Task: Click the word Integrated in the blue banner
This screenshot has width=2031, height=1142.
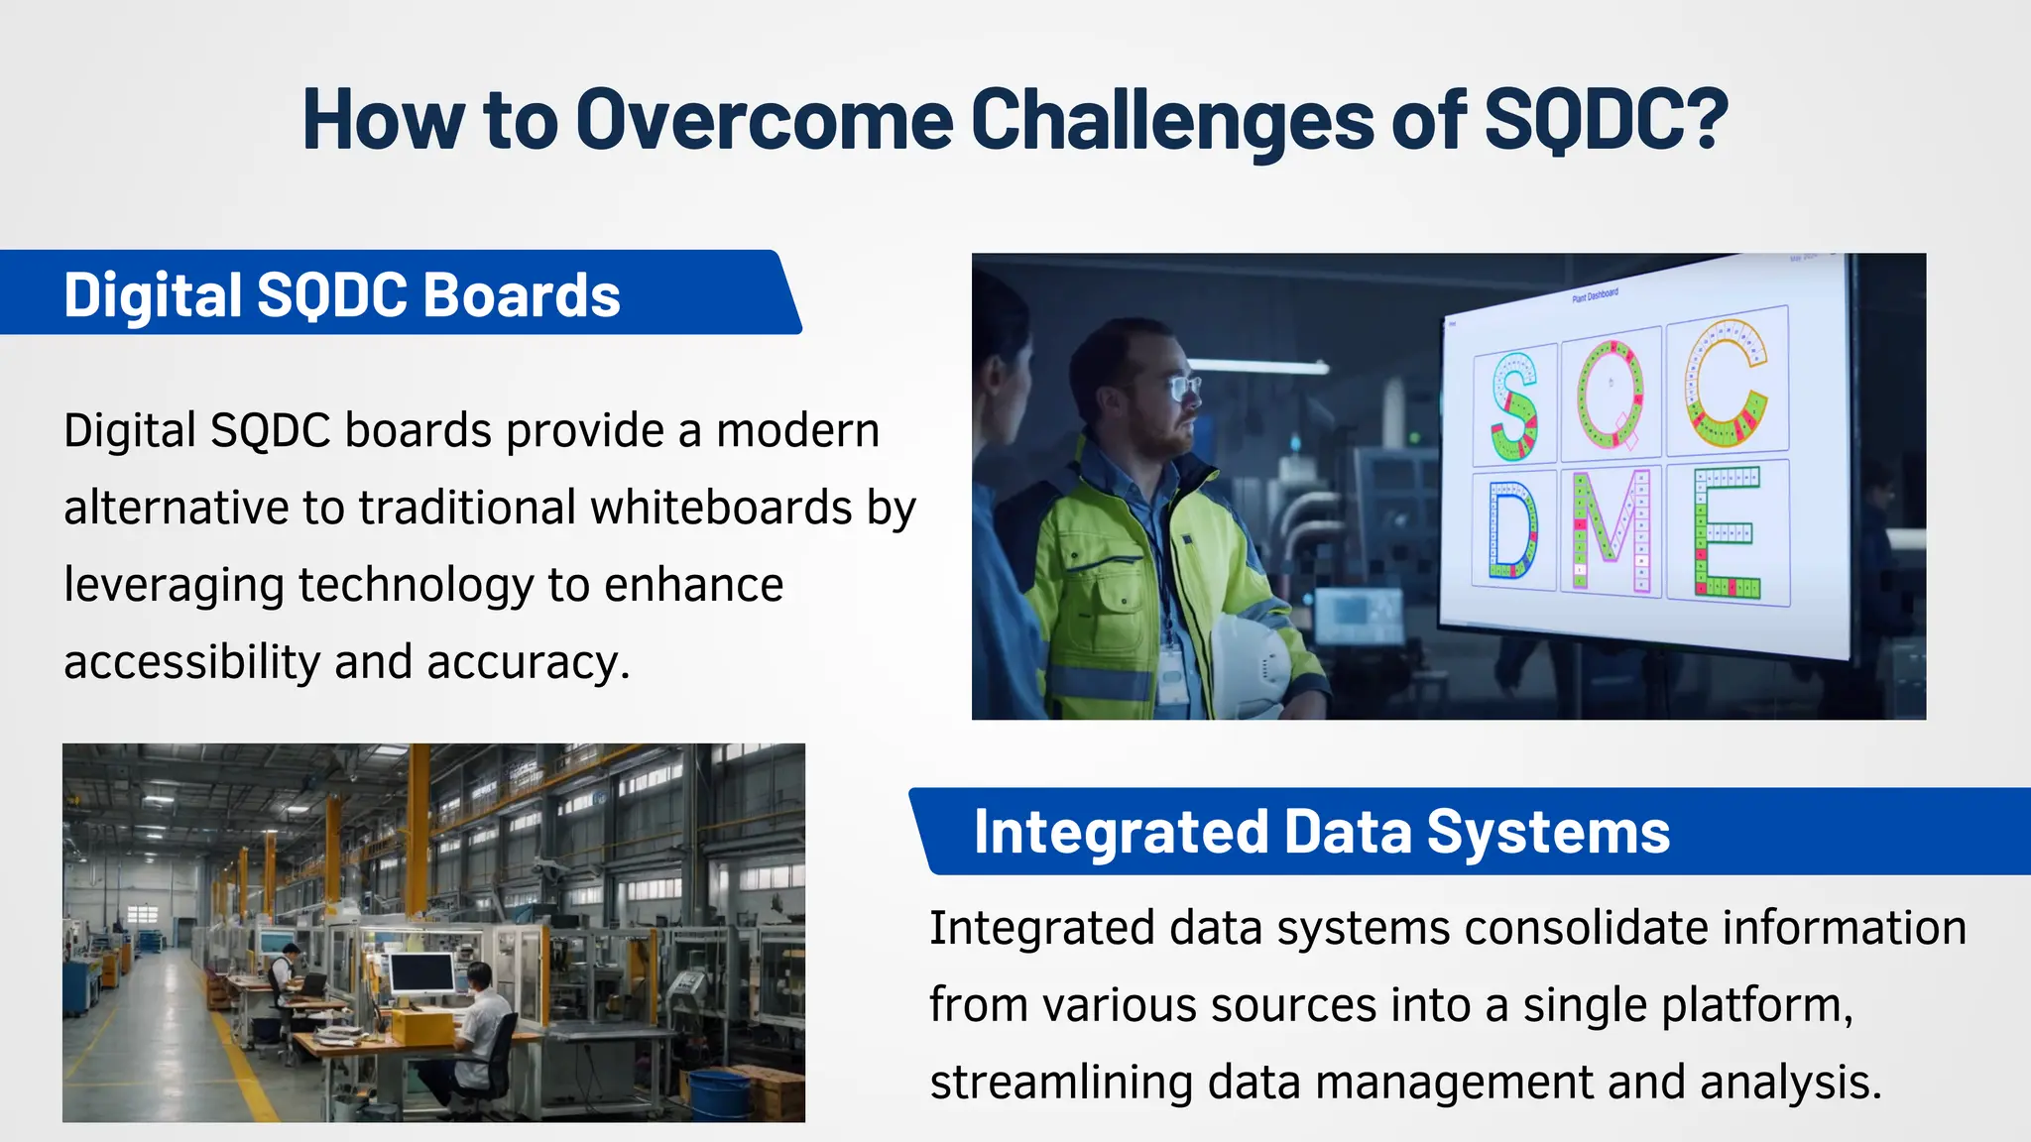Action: click(1121, 832)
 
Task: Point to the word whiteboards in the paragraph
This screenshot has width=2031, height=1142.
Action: click(721, 508)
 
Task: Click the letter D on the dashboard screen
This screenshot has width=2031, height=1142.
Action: click(1511, 530)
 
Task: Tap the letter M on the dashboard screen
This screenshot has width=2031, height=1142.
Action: click(1611, 530)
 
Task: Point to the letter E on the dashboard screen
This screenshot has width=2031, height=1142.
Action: click(1726, 532)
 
